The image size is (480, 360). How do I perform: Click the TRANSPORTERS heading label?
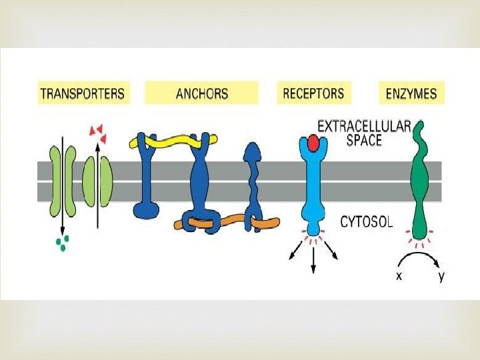click(x=83, y=93)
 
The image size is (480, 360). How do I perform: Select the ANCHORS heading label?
click(x=201, y=93)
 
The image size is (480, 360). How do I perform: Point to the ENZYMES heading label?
click(x=411, y=93)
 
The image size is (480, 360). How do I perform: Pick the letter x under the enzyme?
click(x=399, y=276)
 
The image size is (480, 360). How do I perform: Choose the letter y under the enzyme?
click(x=441, y=276)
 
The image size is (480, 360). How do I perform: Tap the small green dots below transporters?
click(x=61, y=244)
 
